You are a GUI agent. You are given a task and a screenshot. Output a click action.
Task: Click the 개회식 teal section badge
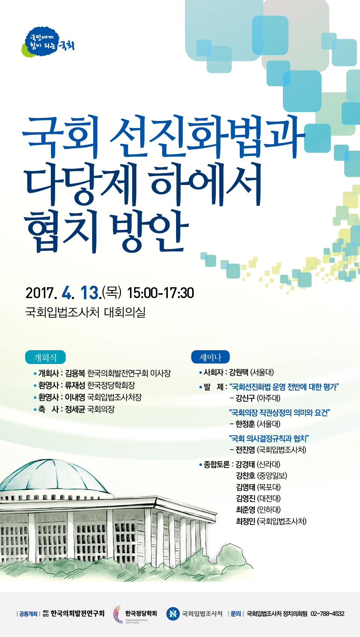point(45,357)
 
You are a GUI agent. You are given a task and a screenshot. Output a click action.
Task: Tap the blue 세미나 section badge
point(211,357)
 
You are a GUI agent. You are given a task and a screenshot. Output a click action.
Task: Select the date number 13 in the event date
point(90,292)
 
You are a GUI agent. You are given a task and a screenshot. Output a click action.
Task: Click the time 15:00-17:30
point(161,293)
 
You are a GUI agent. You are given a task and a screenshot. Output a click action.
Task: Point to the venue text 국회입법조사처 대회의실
point(85,312)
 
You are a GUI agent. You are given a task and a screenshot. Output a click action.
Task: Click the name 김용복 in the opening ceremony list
point(75,373)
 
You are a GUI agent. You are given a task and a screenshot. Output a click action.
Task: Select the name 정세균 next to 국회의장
point(75,409)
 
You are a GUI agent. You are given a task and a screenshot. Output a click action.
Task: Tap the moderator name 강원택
point(239,372)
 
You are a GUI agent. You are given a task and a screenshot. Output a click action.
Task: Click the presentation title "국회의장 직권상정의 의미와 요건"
point(279,413)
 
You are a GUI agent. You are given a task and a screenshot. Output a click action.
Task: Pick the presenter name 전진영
point(245,450)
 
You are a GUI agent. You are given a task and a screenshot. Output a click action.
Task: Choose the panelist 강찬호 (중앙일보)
point(261,476)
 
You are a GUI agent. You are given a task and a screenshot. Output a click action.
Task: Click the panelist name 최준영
point(245,510)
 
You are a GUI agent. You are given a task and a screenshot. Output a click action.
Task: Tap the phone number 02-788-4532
point(327,614)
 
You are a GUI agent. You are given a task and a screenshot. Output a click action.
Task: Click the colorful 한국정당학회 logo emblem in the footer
point(118,614)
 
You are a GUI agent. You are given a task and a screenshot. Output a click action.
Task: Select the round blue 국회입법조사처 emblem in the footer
point(173,614)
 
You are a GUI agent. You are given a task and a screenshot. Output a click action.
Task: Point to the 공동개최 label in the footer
point(28,614)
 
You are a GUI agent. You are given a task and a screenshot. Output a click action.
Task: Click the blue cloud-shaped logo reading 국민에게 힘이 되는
point(43,42)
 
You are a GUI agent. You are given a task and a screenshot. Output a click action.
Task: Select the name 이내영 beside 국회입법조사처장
point(75,397)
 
